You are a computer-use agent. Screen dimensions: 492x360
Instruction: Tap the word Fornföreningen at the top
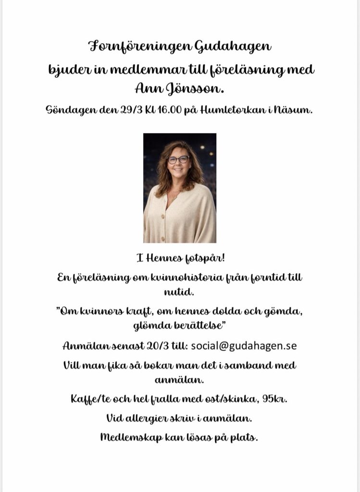tap(140, 47)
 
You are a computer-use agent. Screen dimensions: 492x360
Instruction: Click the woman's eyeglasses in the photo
tap(178, 160)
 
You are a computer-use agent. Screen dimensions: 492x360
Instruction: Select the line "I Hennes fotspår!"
tap(180, 259)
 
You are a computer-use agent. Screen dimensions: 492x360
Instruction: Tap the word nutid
tap(180, 291)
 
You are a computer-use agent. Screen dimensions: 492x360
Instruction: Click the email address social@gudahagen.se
tap(244, 346)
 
